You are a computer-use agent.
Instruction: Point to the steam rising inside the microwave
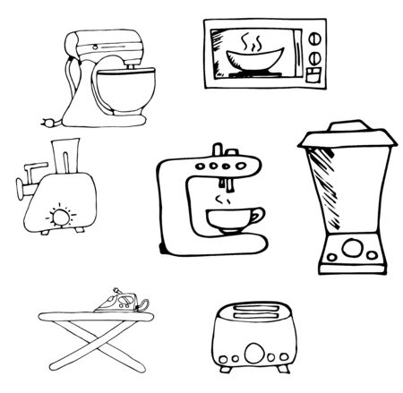(252, 42)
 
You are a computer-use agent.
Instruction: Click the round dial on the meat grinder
(62, 215)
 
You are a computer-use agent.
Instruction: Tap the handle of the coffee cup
(259, 217)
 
